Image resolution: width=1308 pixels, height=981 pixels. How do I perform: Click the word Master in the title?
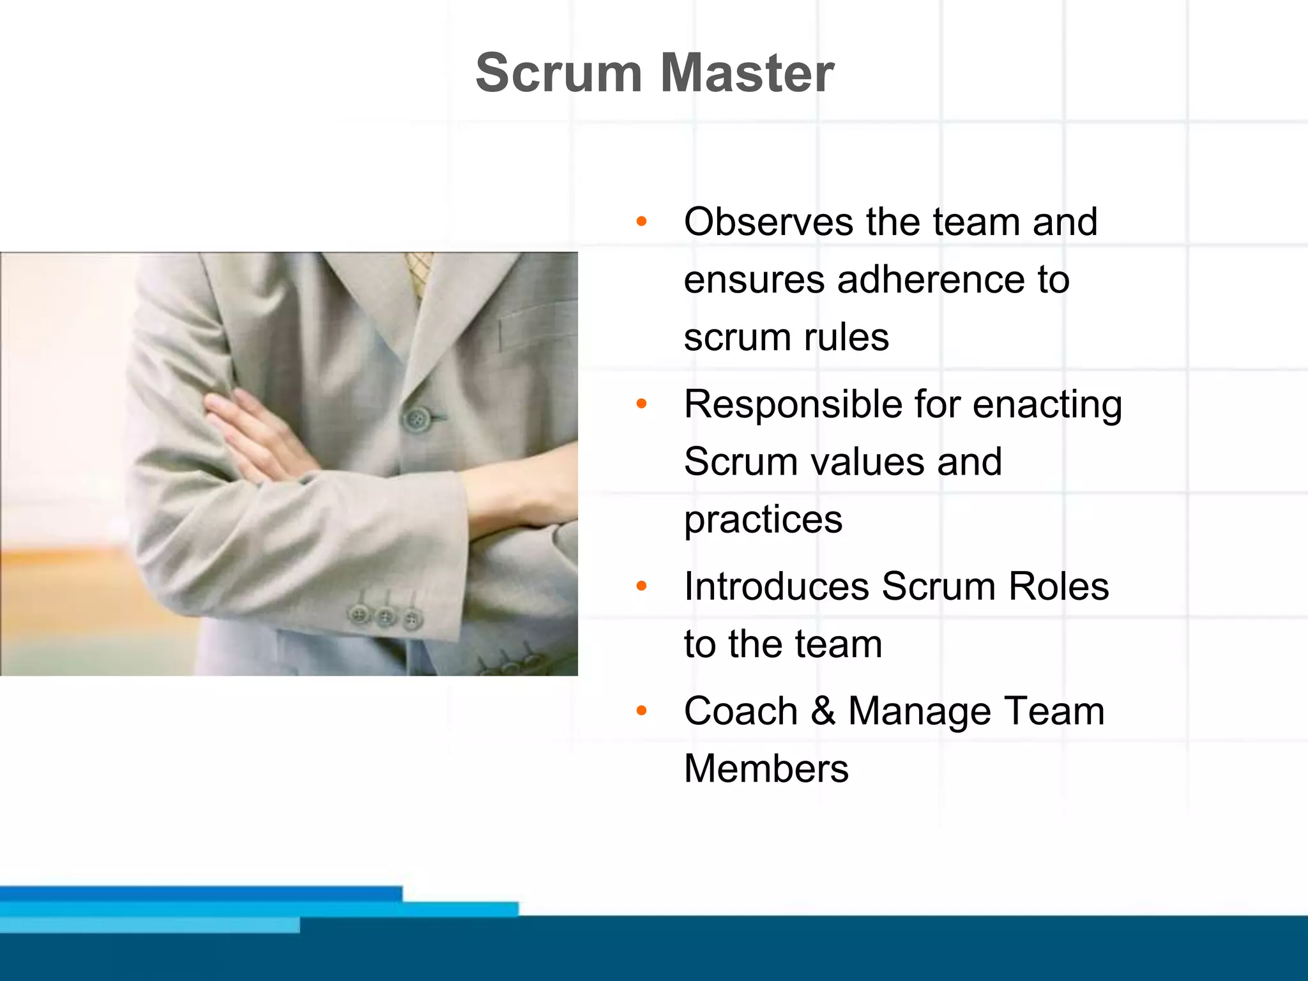tap(747, 73)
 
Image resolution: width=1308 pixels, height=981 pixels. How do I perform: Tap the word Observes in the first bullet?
tap(768, 222)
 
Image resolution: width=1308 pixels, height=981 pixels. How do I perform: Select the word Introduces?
tap(777, 586)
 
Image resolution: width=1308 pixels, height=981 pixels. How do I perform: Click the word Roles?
tap(1058, 586)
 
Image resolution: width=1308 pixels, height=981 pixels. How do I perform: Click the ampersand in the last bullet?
tap(823, 711)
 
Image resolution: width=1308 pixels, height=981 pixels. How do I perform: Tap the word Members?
tap(766, 768)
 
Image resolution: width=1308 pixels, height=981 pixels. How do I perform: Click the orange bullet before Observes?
tap(642, 222)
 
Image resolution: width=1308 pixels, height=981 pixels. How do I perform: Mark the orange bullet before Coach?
tap(642, 710)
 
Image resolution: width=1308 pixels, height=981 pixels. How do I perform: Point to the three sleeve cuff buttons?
tap(385, 616)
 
